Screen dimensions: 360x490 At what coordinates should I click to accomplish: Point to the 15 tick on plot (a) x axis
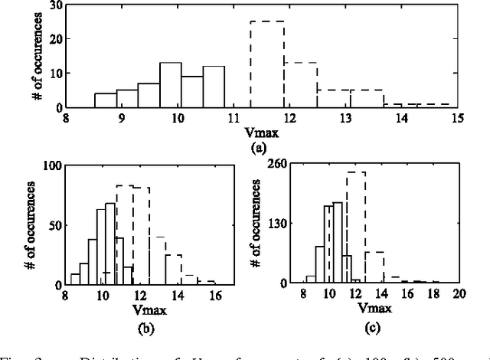point(457,118)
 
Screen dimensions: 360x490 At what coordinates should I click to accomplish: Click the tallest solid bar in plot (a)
point(171,85)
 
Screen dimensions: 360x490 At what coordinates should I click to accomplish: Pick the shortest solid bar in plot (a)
point(106,100)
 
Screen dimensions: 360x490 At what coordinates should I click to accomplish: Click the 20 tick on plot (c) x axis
point(459,295)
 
